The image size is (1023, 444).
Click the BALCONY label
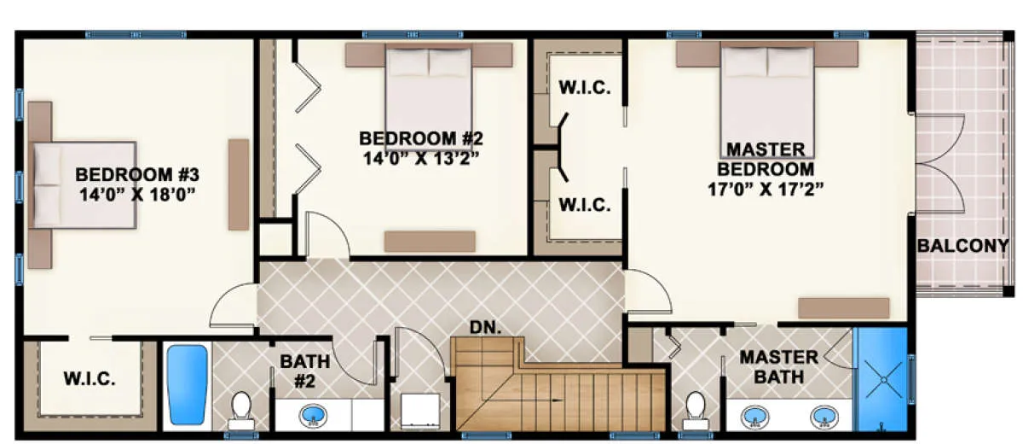pos(962,246)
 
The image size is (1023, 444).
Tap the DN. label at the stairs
pos(485,327)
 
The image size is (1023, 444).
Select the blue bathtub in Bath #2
pos(188,385)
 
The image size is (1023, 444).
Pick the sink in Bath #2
pos(314,416)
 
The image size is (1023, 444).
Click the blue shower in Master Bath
pos(882,379)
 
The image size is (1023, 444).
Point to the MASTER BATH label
pos(778,367)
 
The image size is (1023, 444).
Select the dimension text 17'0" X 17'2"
pos(766,189)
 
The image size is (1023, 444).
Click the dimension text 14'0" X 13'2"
pos(421,159)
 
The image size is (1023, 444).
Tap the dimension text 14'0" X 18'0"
pos(137,195)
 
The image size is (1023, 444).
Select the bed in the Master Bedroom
pos(767,101)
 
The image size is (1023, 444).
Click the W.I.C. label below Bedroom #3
pos(90,378)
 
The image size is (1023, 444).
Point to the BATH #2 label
pos(305,371)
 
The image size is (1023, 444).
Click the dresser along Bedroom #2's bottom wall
pos(430,242)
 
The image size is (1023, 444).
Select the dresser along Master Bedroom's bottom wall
pos(844,308)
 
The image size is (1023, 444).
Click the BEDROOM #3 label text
pos(137,175)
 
